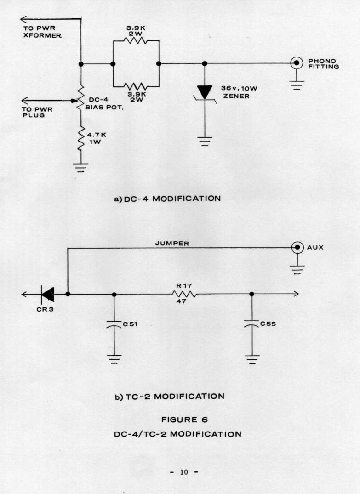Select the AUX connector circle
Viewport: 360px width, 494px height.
(x=297, y=247)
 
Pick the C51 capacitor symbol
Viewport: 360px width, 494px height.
(x=114, y=324)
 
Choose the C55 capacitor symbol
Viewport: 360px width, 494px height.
(x=251, y=324)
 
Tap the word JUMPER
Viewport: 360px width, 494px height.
(x=172, y=244)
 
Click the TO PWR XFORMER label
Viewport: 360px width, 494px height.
(x=42, y=32)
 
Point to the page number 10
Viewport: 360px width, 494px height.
(x=184, y=472)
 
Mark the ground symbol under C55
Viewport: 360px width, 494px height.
(x=251, y=358)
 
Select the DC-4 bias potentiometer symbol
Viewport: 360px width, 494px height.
(x=80, y=98)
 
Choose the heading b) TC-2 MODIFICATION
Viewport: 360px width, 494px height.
(x=169, y=396)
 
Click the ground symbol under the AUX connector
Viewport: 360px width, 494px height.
(x=297, y=268)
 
